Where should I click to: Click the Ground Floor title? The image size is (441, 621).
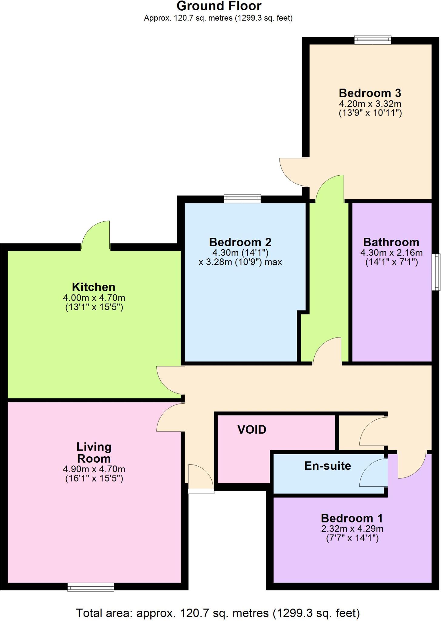click(219, 6)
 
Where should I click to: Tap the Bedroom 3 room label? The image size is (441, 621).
click(370, 93)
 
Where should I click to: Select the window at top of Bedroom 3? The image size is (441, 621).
click(373, 40)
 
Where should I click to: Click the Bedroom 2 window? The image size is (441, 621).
click(242, 199)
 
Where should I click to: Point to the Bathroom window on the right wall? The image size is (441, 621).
click(436, 272)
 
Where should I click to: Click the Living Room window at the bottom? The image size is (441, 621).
click(91, 587)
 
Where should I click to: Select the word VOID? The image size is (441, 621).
click(252, 430)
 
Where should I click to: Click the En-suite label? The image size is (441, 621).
click(327, 466)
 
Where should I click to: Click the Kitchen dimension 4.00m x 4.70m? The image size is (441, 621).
click(94, 298)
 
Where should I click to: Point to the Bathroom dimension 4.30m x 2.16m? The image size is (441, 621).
click(391, 253)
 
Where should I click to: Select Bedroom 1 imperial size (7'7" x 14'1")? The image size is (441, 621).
click(352, 539)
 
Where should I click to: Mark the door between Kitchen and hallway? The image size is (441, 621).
click(170, 382)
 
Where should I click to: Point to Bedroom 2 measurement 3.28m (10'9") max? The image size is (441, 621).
click(240, 262)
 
